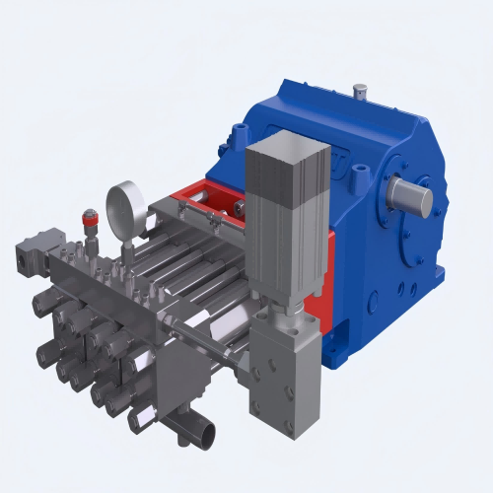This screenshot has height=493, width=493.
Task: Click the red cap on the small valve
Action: [92, 212]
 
